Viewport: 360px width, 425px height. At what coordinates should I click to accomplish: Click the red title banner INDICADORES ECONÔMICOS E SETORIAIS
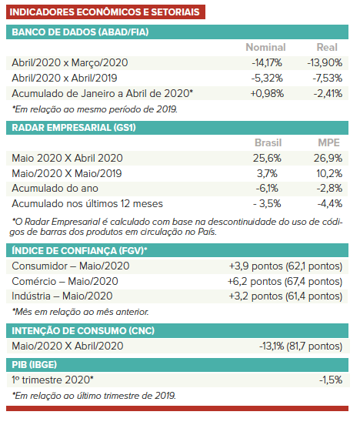pyautogui.click(x=105, y=12)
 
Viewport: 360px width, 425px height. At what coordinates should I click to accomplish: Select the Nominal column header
pyautogui.click(x=265, y=48)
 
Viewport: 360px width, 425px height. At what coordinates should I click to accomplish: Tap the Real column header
pyautogui.click(x=327, y=48)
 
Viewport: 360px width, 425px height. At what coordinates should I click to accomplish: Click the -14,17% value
pyautogui.click(x=267, y=63)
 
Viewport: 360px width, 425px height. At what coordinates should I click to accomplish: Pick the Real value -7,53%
pyautogui.click(x=327, y=79)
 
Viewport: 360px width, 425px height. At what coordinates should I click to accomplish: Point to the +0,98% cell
pyautogui.click(x=267, y=93)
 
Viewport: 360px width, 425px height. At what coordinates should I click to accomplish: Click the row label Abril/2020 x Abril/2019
pyautogui.click(x=65, y=79)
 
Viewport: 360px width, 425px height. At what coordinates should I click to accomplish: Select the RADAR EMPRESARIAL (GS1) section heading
pyautogui.click(x=74, y=128)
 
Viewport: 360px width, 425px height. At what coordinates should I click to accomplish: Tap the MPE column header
pyautogui.click(x=328, y=143)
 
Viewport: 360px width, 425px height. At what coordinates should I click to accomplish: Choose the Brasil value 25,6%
pyautogui.click(x=267, y=158)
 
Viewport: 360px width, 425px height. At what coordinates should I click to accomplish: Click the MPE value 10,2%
pyautogui.click(x=329, y=173)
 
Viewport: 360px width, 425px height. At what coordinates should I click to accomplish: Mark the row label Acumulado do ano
pyautogui.click(x=55, y=188)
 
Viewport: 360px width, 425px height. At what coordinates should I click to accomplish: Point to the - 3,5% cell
pyautogui.click(x=267, y=203)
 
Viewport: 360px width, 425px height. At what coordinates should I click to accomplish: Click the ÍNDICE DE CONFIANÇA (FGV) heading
pyautogui.click(x=79, y=250)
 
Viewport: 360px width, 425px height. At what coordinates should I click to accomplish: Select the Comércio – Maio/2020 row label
pyautogui.click(x=65, y=281)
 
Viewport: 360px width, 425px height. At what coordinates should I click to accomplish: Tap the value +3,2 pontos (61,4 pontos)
pyautogui.click(x=285, y=296)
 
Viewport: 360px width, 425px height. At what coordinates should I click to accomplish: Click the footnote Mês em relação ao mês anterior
pyautogui.click(x=81, y=312)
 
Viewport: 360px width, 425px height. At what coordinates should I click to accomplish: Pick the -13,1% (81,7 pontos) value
pyautogui.click(x=301, y=346)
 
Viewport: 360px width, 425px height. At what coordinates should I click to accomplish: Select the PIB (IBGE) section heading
pyautogui.click(x=34, y=365)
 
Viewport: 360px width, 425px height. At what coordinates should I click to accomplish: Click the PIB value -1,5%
pyautogui.click(x=331, y=380)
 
